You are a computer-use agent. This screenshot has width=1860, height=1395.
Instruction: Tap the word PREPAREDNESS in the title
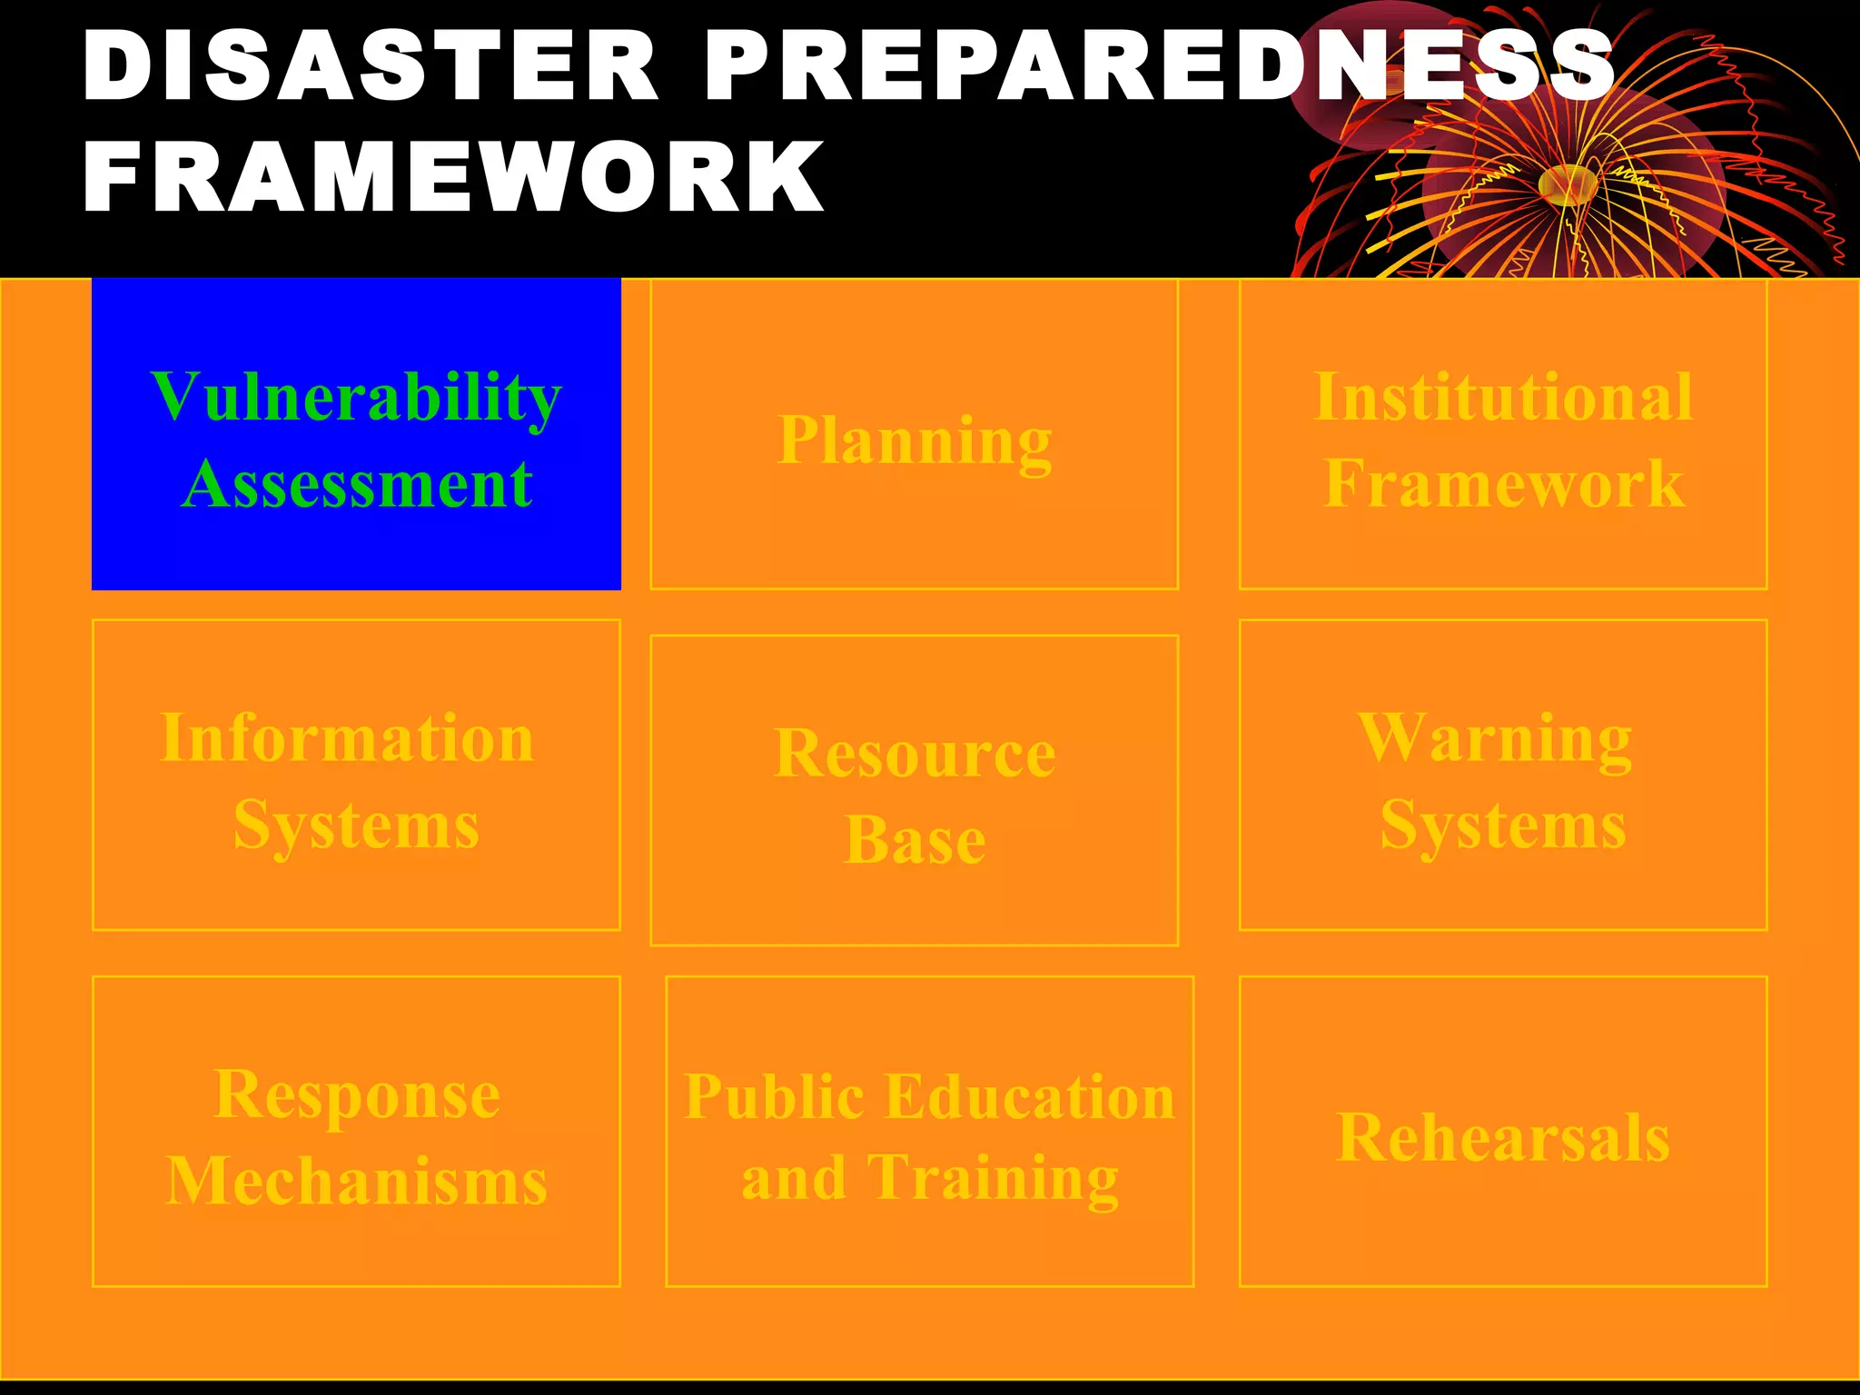[x=1158, y=65]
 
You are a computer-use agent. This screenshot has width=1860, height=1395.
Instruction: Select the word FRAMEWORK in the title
[x=454, y=176]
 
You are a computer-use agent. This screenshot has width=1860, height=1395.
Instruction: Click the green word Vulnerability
[x=356, y=398]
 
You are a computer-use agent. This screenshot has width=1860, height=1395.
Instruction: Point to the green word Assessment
[x=356, y=484]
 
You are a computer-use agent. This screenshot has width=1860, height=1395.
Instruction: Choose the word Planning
[x=915, y=441]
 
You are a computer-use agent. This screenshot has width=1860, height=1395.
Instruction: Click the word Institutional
[x=1503, y=398]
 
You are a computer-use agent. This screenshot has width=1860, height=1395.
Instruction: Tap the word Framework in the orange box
[x=1503, y=484]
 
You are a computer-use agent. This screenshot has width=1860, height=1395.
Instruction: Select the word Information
[x=347, y=738]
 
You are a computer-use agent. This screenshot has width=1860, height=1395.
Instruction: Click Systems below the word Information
[x=356, y=826]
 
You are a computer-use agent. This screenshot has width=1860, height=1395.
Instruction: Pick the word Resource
[x=915, y=754]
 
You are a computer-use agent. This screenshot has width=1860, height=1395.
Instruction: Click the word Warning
[x=1495, y=738]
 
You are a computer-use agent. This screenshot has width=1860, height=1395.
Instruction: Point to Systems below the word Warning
[x=1503, y=826]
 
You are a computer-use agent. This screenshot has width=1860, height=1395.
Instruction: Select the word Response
[x=356, y=1095]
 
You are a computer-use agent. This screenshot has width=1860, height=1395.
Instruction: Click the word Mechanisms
[x=356, y=1182]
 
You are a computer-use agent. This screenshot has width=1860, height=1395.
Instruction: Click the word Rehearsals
[x=1503, y=1138]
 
